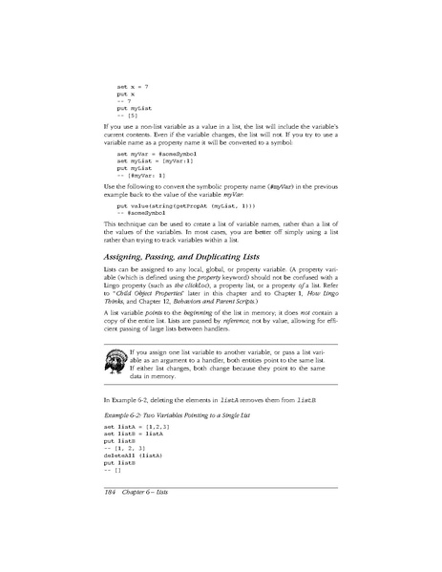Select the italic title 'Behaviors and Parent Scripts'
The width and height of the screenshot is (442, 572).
[222, 302]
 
